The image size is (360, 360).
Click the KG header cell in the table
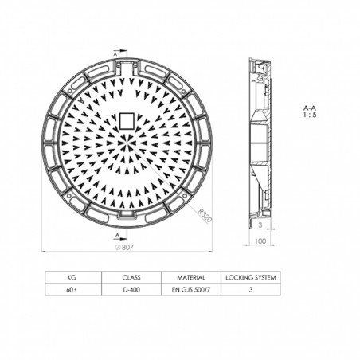coord(71,278)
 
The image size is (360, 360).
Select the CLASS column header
coord(131,278)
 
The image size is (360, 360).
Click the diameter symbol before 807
coord(117,248)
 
